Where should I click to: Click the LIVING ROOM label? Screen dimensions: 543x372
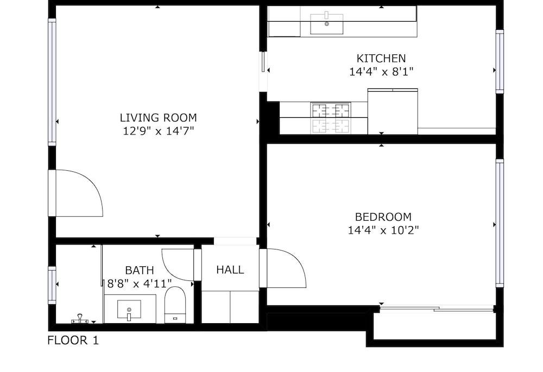tap(158, 118)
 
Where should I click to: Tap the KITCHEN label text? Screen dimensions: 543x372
tap(381, 58)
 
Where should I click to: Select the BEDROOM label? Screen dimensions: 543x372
tap(383, 217)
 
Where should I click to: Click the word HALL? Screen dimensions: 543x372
tap(230, 270)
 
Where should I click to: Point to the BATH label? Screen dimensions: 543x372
tap(140, 270)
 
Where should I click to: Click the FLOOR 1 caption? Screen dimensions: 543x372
tap(73, 340)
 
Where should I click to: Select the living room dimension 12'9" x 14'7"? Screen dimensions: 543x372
tap(158, 131)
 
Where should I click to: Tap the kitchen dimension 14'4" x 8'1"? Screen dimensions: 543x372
tap(381, 72)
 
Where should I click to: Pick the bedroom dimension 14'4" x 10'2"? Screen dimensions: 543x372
tap(383, 230)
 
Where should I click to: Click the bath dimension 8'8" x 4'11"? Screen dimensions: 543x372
tap(139, 284)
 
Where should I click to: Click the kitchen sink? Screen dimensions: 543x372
tap(326, 24)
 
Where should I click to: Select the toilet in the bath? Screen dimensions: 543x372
tap(175, 305)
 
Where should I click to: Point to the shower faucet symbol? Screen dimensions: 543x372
tap(80, 319)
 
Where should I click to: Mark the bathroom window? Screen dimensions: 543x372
tap(52, 285)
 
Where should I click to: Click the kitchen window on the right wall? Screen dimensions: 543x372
tap(500, 61)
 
